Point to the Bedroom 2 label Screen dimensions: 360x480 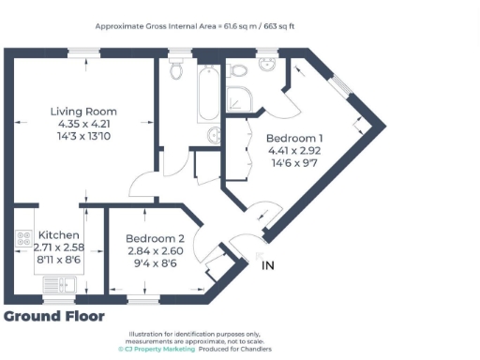154,238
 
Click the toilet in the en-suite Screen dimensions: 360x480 238,69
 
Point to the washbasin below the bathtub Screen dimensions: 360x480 212,132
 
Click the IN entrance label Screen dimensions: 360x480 267,266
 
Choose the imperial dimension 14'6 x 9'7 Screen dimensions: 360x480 294,161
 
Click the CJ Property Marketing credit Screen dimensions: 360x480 155,348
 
